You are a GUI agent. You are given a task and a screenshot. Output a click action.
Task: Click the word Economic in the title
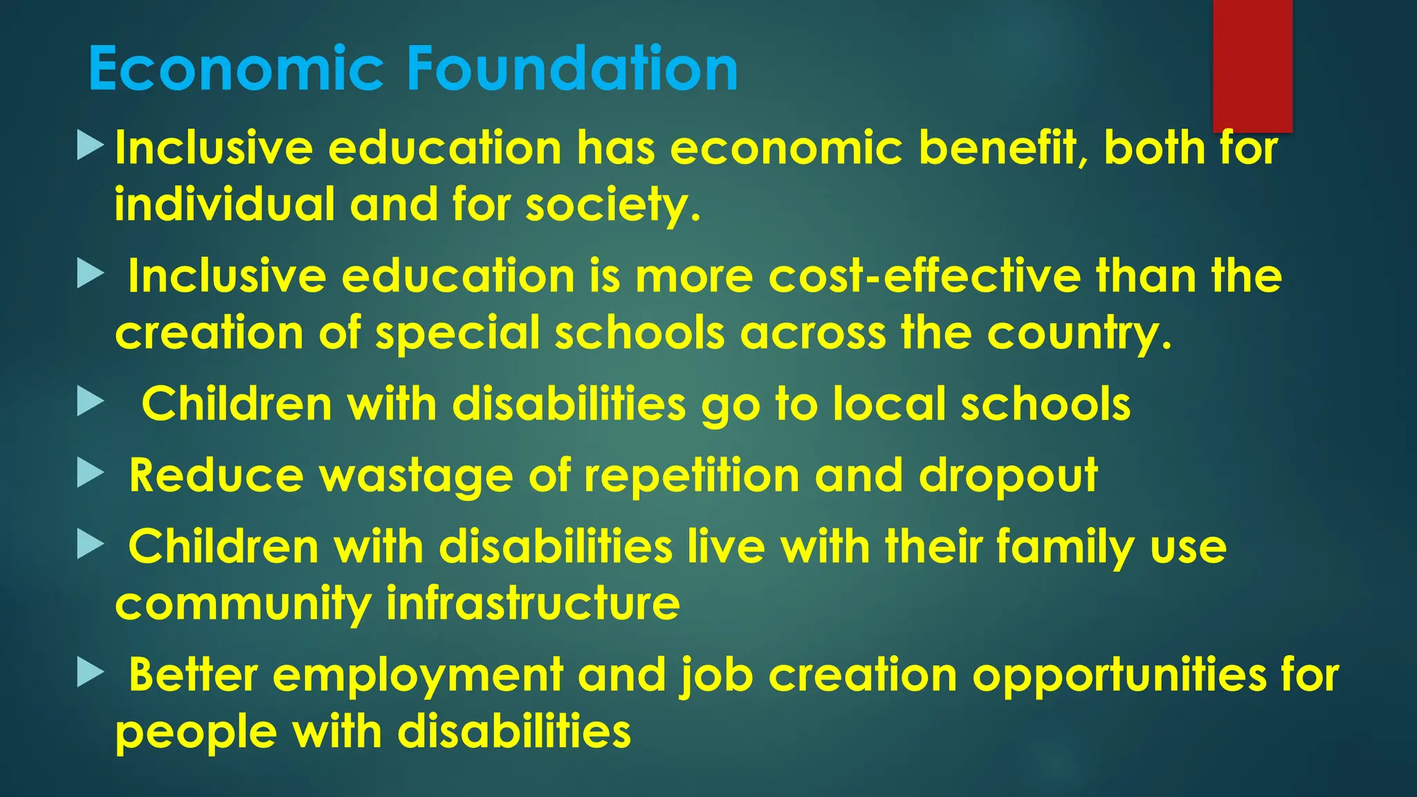point(236,68)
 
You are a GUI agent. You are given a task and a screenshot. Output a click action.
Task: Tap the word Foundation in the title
point(572,68)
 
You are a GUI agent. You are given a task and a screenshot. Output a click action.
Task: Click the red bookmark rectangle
point(1252,65)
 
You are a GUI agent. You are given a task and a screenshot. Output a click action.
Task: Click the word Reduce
point(217,476)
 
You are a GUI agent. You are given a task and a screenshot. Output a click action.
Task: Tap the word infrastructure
point(533,603)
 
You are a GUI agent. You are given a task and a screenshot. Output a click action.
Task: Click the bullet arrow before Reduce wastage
point(90,475)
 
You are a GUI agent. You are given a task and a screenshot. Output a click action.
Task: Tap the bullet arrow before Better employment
point(90,672)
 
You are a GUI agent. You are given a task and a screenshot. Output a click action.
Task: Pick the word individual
point(225,205)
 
